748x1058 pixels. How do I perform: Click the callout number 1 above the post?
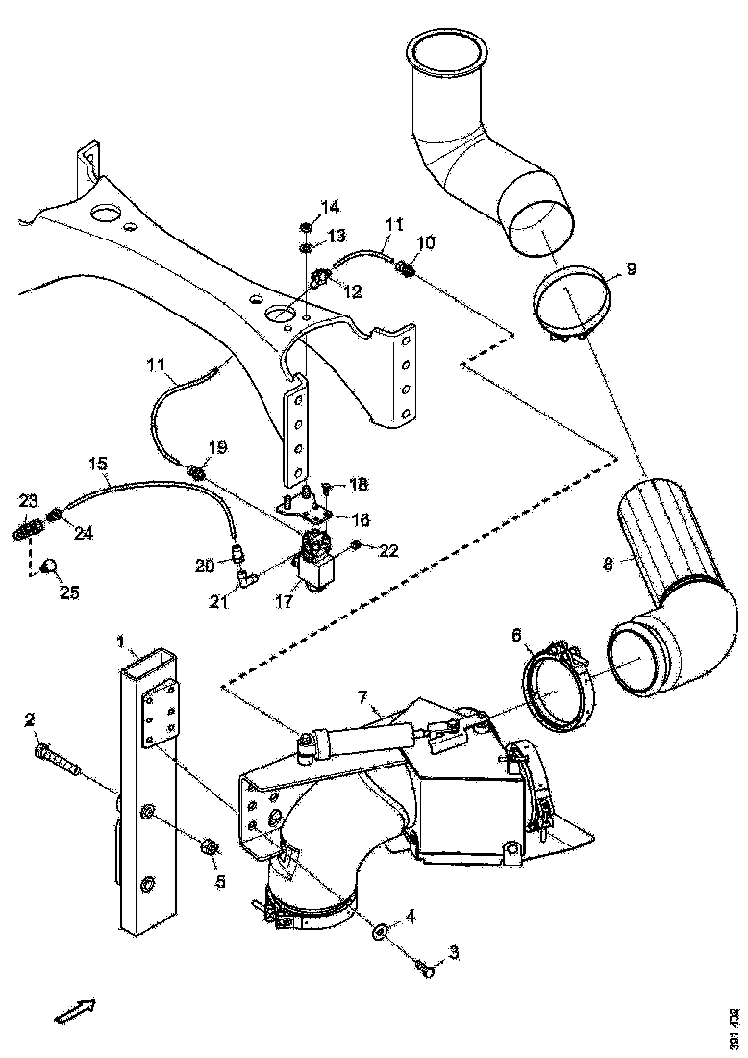click(121, 639)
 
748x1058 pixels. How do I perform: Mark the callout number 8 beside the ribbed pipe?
click(608, 565)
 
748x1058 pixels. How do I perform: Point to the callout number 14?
click(330, 207)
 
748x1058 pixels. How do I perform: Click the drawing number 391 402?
click(735, 1028)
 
